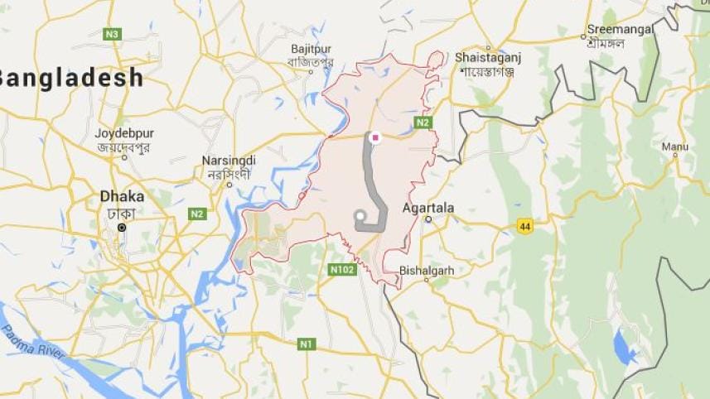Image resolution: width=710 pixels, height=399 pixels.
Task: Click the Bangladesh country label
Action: click(x=71, y=79)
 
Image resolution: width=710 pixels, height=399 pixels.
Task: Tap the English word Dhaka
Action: click(x=122, y=197)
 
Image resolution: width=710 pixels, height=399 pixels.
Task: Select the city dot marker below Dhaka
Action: click(x=122, y=227)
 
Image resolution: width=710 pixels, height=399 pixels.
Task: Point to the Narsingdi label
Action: click(x=229, y=161)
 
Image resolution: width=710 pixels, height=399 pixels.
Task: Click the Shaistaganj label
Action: click(x=490, y=57)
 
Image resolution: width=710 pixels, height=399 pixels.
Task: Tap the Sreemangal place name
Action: click(x=621, y=29)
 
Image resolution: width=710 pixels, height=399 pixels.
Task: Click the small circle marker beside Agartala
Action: click(x=428, y=220)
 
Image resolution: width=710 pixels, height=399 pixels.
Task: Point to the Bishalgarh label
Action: click(x=427, y=270)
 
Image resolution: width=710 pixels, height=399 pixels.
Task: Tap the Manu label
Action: click(x=675, y=147)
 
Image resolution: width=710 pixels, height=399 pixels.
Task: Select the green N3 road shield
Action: click(x=113, y=34)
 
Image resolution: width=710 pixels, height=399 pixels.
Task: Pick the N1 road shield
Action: click(x=306, y=344)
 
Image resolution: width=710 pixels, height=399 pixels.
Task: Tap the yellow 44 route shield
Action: click(x=524, y=225)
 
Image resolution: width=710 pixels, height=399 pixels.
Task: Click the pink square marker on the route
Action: click(x=375, y=137)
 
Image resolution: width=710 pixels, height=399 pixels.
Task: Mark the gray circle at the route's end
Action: click(x=360, y=217)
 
